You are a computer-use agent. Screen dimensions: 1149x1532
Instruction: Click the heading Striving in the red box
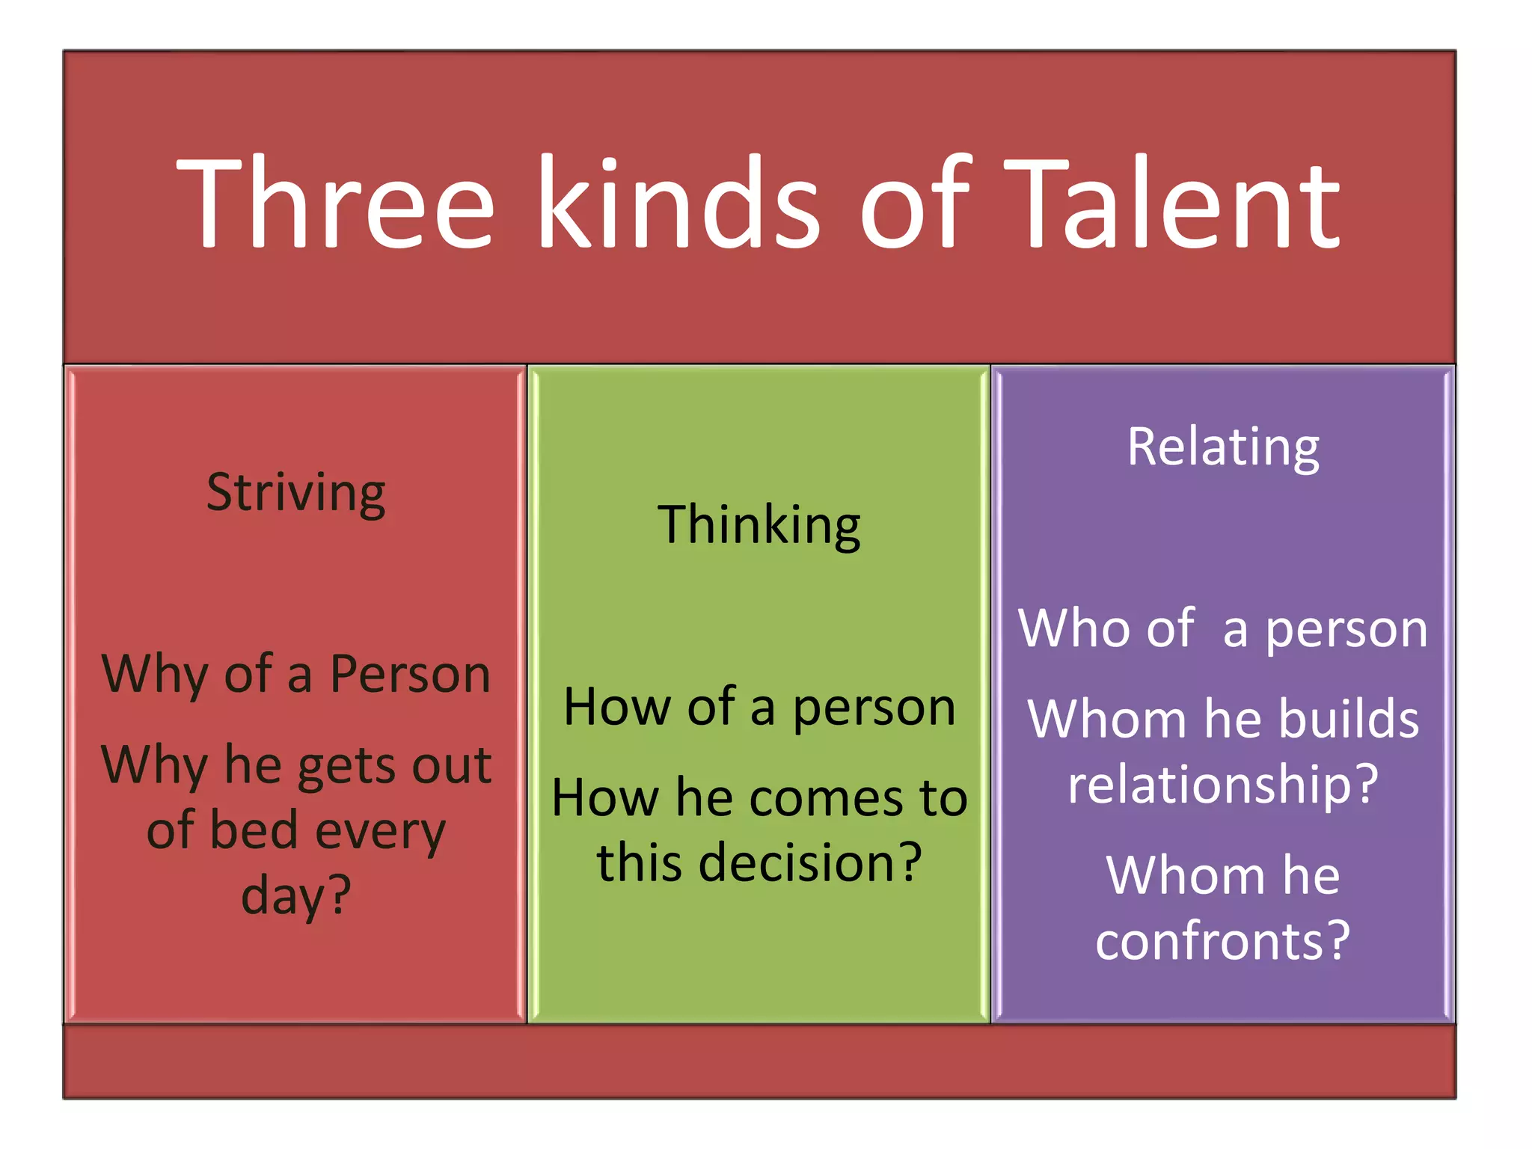pos(296,494)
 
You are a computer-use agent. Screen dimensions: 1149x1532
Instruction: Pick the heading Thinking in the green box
pos(759,525)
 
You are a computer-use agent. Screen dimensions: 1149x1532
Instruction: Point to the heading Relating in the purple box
pos(1223,447)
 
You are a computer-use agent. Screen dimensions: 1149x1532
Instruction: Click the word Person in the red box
pos(410,674)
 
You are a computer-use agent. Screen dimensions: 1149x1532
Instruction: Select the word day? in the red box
pos(296,895)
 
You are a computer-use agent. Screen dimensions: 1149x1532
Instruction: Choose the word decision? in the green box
pos(809,862)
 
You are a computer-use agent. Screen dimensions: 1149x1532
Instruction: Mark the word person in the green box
pos(874,707)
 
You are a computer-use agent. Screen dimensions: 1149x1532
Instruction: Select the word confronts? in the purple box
pos(1223,940)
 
